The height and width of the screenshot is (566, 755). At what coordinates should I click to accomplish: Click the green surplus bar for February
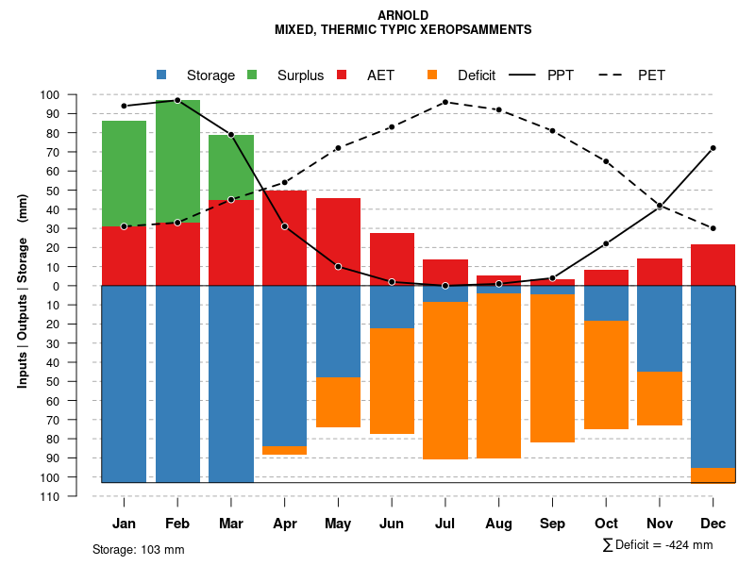click(x=177, y=160)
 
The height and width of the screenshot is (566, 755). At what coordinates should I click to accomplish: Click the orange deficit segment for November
click(x=660, y=398)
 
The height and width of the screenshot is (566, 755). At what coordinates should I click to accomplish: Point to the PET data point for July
click(x=445, y=102)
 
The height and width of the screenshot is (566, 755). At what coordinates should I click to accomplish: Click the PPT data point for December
click(x=713, y=148)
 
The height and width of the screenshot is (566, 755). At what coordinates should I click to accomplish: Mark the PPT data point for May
click(x=338, y=267)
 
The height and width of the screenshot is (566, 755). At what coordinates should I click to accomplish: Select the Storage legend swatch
click(x=161, y=75)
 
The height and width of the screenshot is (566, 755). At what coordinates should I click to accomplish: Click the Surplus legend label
click(x=300, y=75)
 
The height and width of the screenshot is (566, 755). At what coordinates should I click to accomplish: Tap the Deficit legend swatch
click(x=431, y=75)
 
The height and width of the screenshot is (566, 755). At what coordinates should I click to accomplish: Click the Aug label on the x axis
click(x=499, y=524)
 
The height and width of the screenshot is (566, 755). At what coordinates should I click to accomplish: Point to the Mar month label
click(x=231, y=524)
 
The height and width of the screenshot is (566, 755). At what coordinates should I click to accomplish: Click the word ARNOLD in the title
click(x=403, y=15)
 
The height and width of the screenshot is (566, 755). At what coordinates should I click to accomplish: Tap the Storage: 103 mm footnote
click(x=139, y=549)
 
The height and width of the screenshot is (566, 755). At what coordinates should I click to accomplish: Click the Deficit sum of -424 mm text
click(x=658, y=545)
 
